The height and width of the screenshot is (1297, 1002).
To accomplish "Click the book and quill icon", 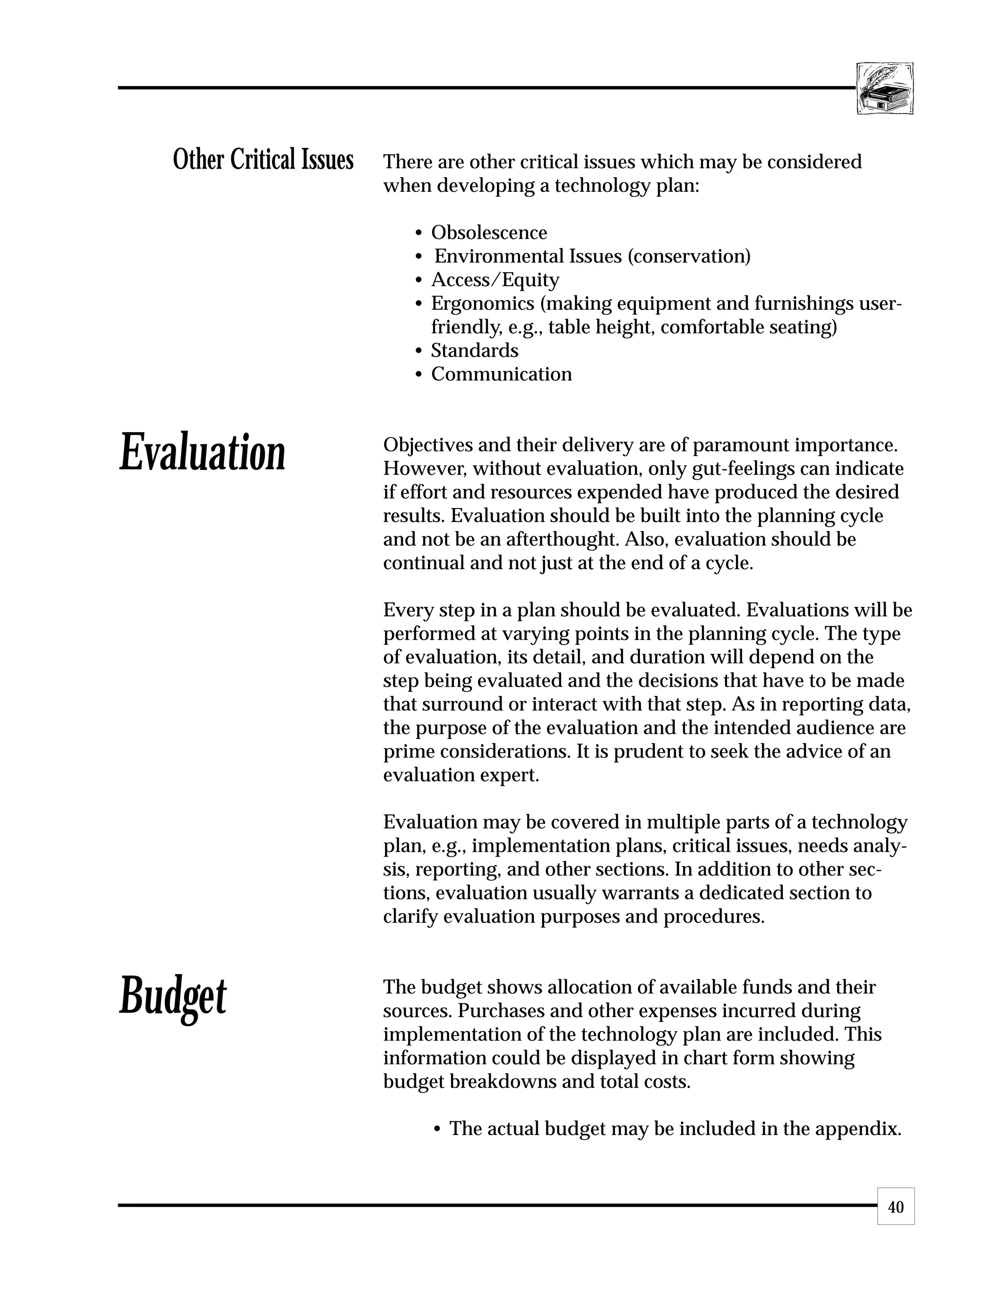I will pyautogui.click(x=885, y=89).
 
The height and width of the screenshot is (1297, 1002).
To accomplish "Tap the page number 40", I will pyautogui.click(x=896, y=1207).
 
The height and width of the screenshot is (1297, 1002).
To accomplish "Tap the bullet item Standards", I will pyautogui.click(x=474, y=350).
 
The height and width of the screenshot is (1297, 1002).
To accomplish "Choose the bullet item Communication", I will pyautogui.click(x=501, y=374).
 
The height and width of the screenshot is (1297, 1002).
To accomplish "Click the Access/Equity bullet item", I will pyautogui.click(x=495, y=279).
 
